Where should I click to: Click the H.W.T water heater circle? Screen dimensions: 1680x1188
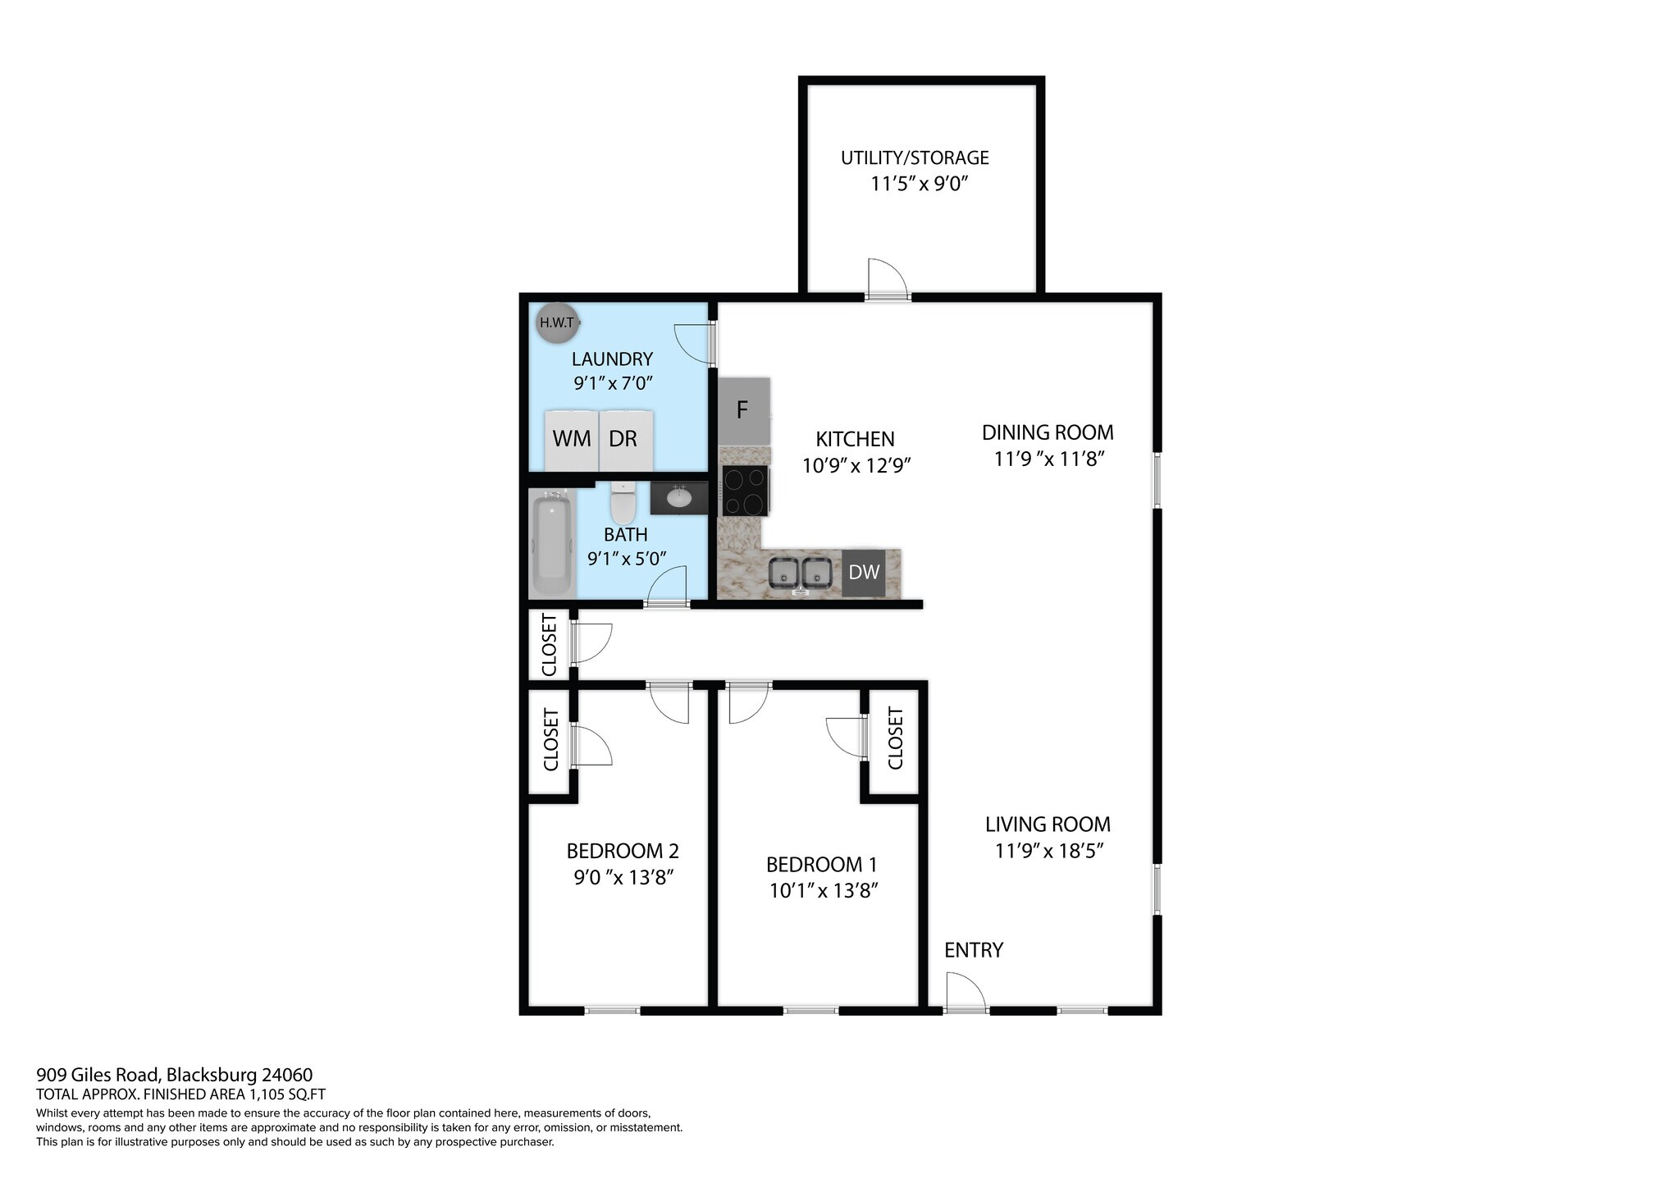coord(557,322)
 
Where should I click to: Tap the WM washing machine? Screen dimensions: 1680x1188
coord(572,439)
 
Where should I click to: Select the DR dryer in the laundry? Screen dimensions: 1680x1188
coord(625,439)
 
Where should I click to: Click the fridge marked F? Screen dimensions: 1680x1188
coord(744,411)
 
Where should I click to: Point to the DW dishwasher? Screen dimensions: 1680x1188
coord(864,573)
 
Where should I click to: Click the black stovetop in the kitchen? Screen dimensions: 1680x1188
coord(745,491)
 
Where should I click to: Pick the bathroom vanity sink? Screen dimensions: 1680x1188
coord(679,497)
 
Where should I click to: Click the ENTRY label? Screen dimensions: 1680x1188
coord(974,950)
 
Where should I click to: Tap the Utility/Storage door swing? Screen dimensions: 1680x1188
coord(888,279)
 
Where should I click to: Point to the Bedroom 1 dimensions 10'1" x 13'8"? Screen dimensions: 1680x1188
coord(824,891)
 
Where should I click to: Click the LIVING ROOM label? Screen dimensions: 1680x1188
coord(1048,825)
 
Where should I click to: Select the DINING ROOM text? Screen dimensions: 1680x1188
coord(1048,432)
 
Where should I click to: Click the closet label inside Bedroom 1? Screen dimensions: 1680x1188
coord(896,738)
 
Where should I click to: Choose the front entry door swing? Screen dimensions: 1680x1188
coord(966,992)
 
